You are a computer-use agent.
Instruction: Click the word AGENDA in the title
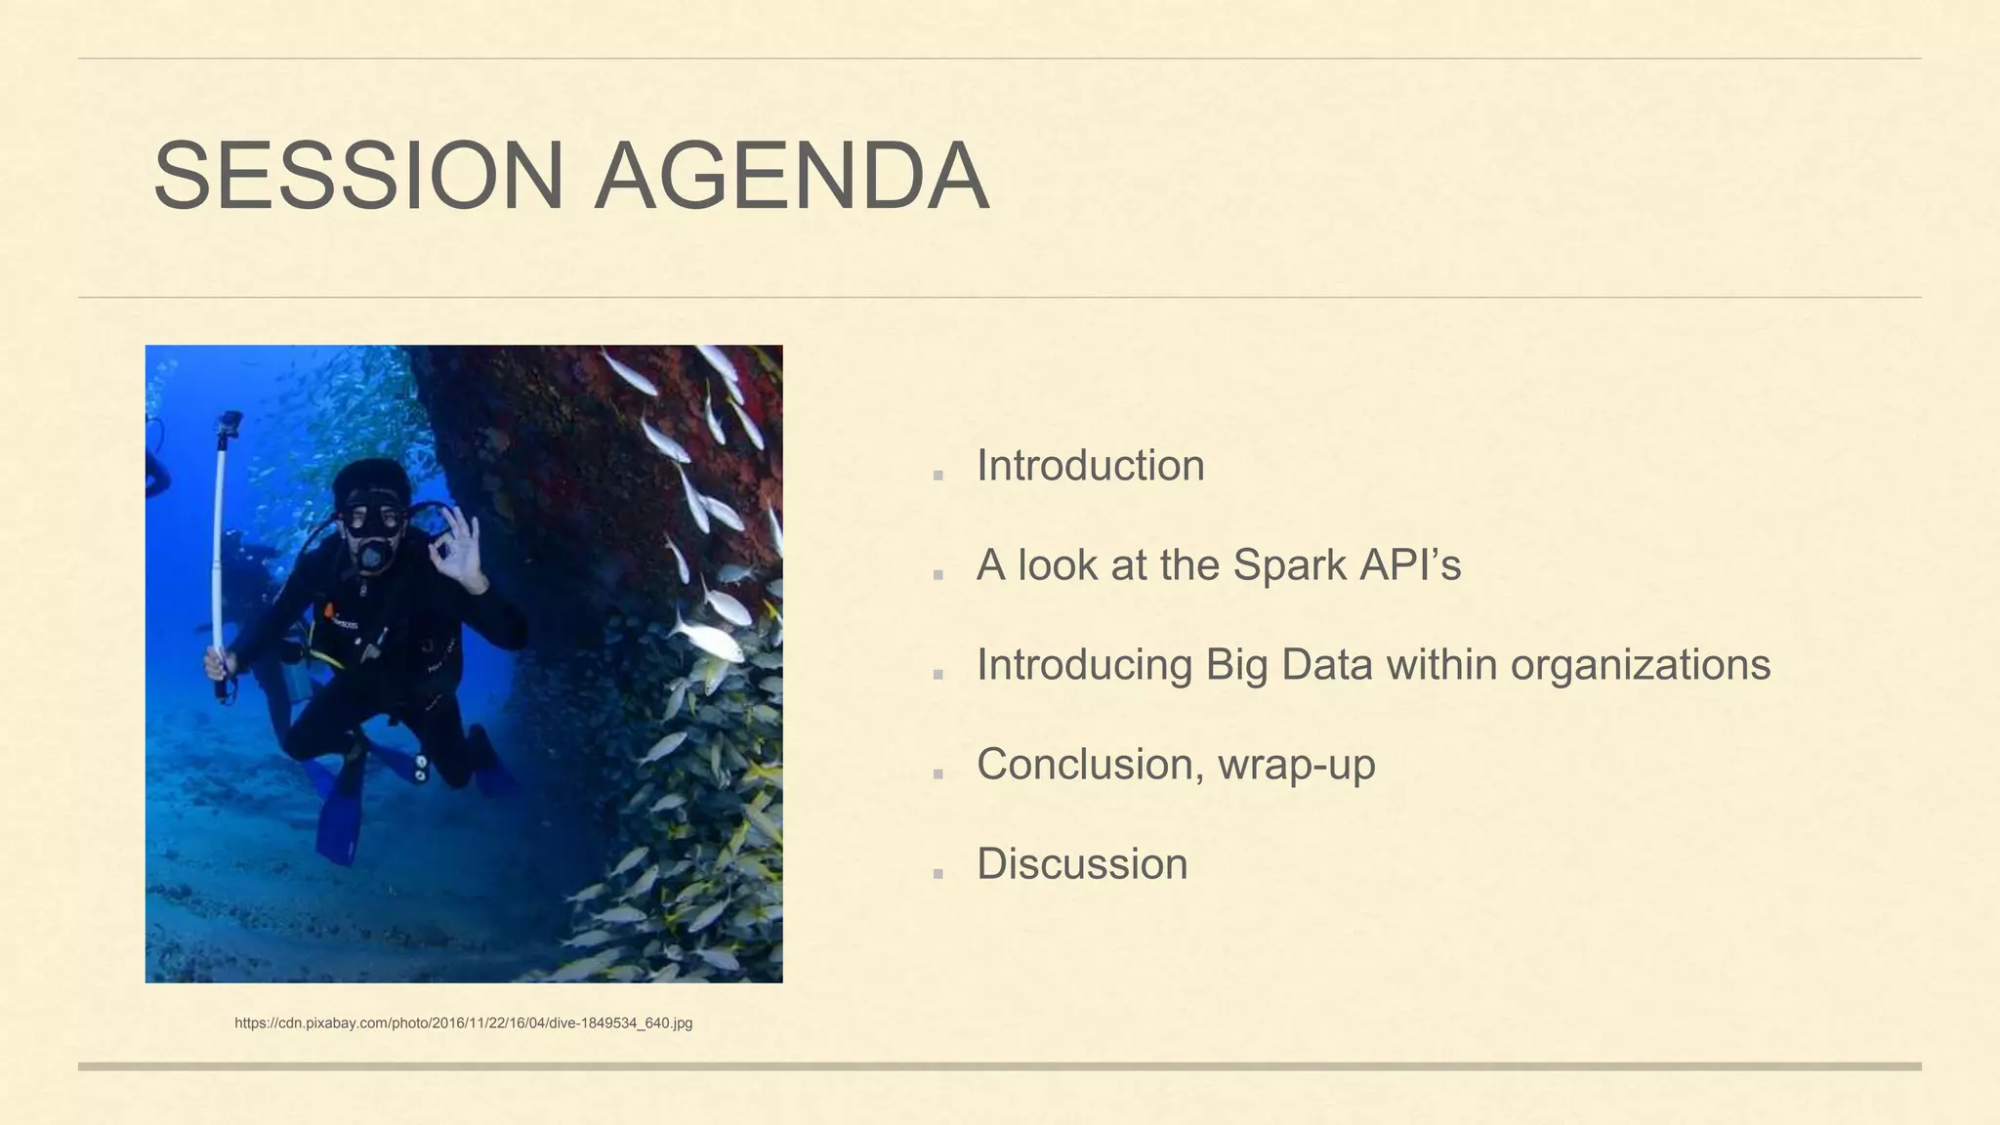click(x=792, y=177)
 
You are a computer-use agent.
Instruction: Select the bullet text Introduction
click(x=1090, y=466)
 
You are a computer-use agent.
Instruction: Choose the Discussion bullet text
click(x=1082, y=864)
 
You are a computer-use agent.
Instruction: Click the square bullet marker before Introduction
click(x=938, y=476)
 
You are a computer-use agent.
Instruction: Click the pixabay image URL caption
click(x=463, y=1023)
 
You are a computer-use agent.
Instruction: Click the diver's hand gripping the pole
click(x=219, y=666)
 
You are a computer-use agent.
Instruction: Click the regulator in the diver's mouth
click(x=372, y=555)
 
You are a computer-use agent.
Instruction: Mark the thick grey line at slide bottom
click(x=999, y=1066)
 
